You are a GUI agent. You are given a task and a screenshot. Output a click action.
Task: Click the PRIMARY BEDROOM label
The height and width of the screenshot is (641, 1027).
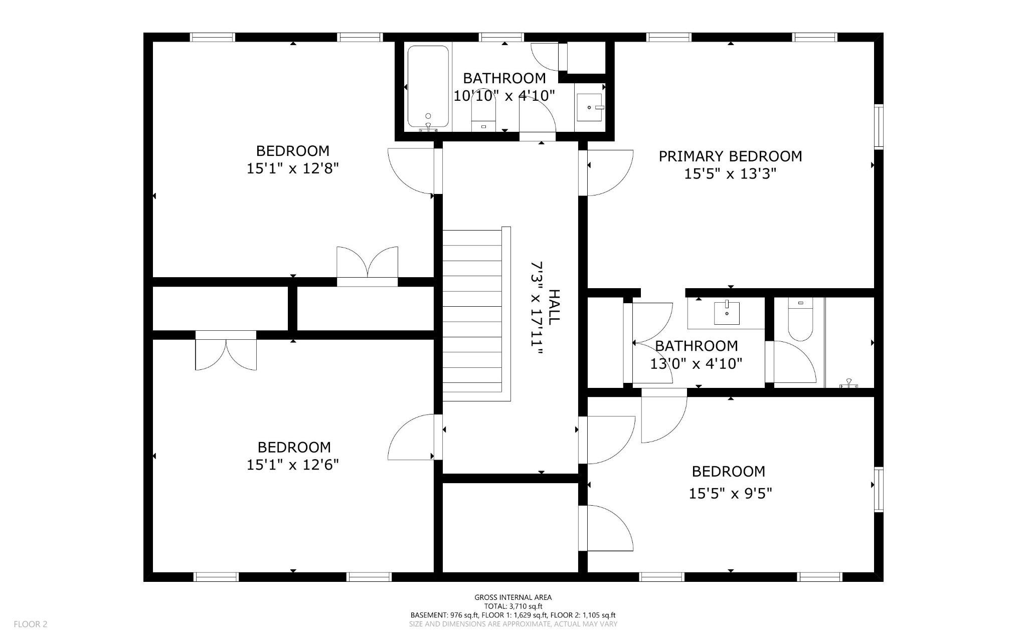click(730, 156)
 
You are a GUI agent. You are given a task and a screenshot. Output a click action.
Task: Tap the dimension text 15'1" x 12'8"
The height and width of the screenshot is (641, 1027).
click(293, 168)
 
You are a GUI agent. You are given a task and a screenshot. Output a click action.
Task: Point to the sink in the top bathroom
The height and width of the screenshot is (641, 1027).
click(590, 107)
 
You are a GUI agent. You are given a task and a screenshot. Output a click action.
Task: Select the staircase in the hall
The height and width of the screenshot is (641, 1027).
click(472, 313)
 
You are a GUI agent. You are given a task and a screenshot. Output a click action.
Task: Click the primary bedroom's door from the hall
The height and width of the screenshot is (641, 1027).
click(607, 172)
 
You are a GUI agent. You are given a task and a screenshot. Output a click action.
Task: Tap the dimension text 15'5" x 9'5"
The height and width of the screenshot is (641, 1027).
click(730, 494)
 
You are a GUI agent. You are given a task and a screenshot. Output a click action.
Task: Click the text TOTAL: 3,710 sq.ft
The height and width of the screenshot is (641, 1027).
click(513, 606)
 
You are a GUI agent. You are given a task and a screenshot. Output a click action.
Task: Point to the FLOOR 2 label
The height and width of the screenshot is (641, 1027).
click(31, 624)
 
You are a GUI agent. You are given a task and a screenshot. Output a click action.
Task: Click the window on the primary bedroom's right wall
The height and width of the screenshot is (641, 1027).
click(879, 126)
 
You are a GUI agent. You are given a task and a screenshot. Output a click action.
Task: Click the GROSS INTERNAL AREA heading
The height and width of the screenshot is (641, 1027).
click(513, 597)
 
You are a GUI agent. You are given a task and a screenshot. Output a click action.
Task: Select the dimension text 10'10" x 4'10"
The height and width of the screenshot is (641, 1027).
click(504, 96)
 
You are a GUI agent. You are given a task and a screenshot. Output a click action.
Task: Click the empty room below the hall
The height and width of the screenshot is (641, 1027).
click(510, 527)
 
